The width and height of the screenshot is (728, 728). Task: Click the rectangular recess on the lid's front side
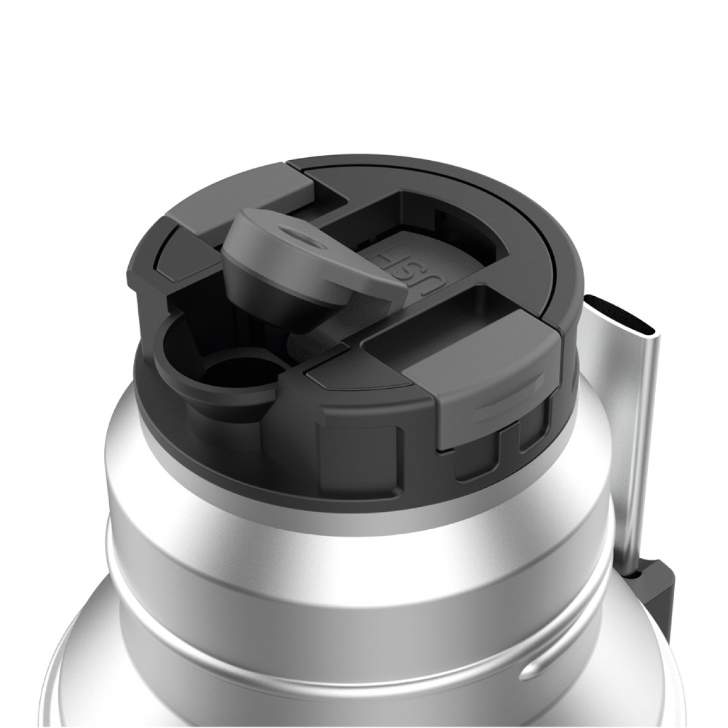point(358,448)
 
